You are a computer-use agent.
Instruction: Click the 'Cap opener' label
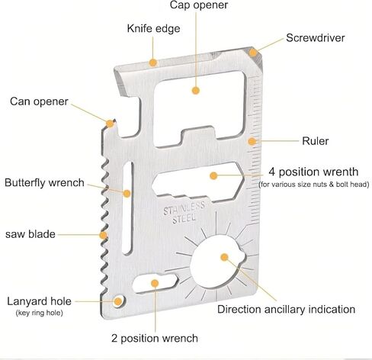[x=199, y=5]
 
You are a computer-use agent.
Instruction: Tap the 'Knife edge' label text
[x=153, y=28]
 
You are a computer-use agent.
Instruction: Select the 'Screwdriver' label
[x=316, y=38]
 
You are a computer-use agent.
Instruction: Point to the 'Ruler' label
[x=315, y=141]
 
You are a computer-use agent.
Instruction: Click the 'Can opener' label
[x=39, y=101]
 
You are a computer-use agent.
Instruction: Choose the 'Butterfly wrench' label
[x=44, y=183]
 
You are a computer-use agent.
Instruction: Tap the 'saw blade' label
[x=30, y=234]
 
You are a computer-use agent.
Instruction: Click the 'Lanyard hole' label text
[x=39, y=301]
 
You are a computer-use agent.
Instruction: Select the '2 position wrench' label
[x=155, y=339]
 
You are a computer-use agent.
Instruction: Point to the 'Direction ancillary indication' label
[x=286, y=310]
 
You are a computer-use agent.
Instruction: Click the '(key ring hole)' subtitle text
[x=40, y=313]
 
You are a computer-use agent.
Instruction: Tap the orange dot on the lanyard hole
[x=117, y=302]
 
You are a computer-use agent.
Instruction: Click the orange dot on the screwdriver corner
[x=252, y=53]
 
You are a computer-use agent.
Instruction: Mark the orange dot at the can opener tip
[x=110, y=124]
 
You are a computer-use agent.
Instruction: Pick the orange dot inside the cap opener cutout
[x=195, y=90]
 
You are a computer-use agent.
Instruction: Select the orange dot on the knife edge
[x=153, y=63]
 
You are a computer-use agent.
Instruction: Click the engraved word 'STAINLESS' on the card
[x=184, y=208]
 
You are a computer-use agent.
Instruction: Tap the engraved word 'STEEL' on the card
[x=184, y=219]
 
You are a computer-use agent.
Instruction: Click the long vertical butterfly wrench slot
[x=127, y=207]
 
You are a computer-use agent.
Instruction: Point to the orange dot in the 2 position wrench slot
[x=155, y=283]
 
